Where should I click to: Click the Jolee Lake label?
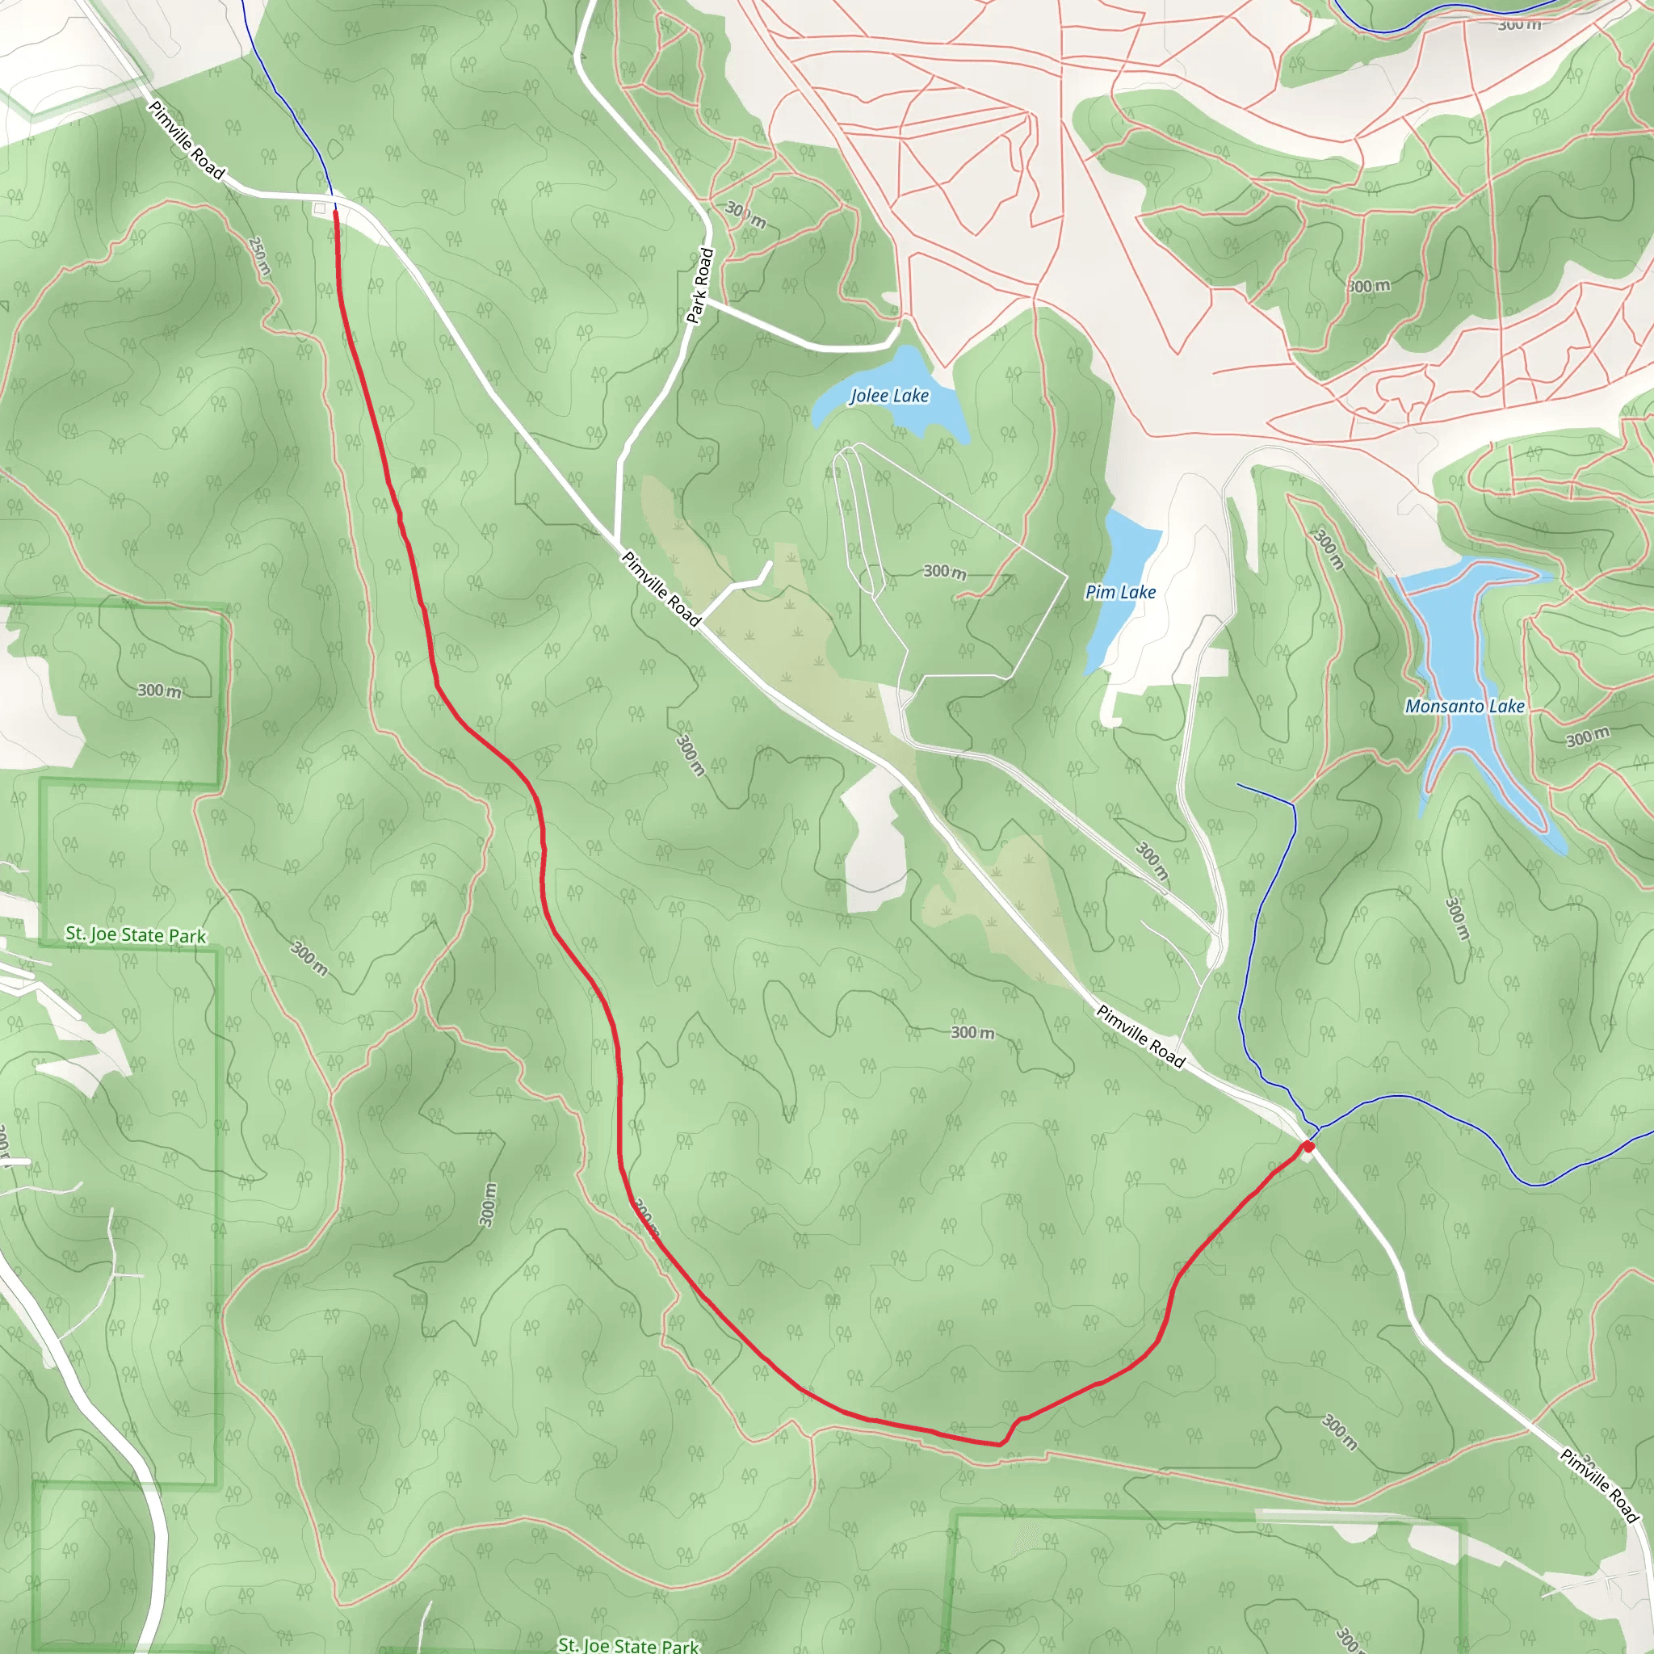pyautogui.click(x=888, y=396)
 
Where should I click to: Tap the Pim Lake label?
pyautogui.click(x=1120, y=591)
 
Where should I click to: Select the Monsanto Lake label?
pyautogui.click(x=1464, y=707)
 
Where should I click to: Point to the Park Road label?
pyautogui.click(x=700, y=286)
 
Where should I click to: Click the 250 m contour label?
pyautogui.click(x=259, y=256)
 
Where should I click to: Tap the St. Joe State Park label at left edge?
pyautogui.click(x=135, y=934)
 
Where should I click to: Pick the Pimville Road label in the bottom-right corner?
pyautogui.click(x=1598, y=1485)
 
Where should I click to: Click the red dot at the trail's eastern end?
pyautogui.click(x=1308, y=1146)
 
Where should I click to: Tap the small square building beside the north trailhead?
pyautogui.click(x=320, y=208)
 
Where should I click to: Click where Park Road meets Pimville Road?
pyautogui.click(x=617, y=540)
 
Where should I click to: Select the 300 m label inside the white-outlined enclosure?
pyautogui.click(x=944, y=571)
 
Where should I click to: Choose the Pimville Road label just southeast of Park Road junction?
pyautogui.click(x=661, y=588)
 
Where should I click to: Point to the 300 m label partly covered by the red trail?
pyautogui.click(x=646, y=1217)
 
